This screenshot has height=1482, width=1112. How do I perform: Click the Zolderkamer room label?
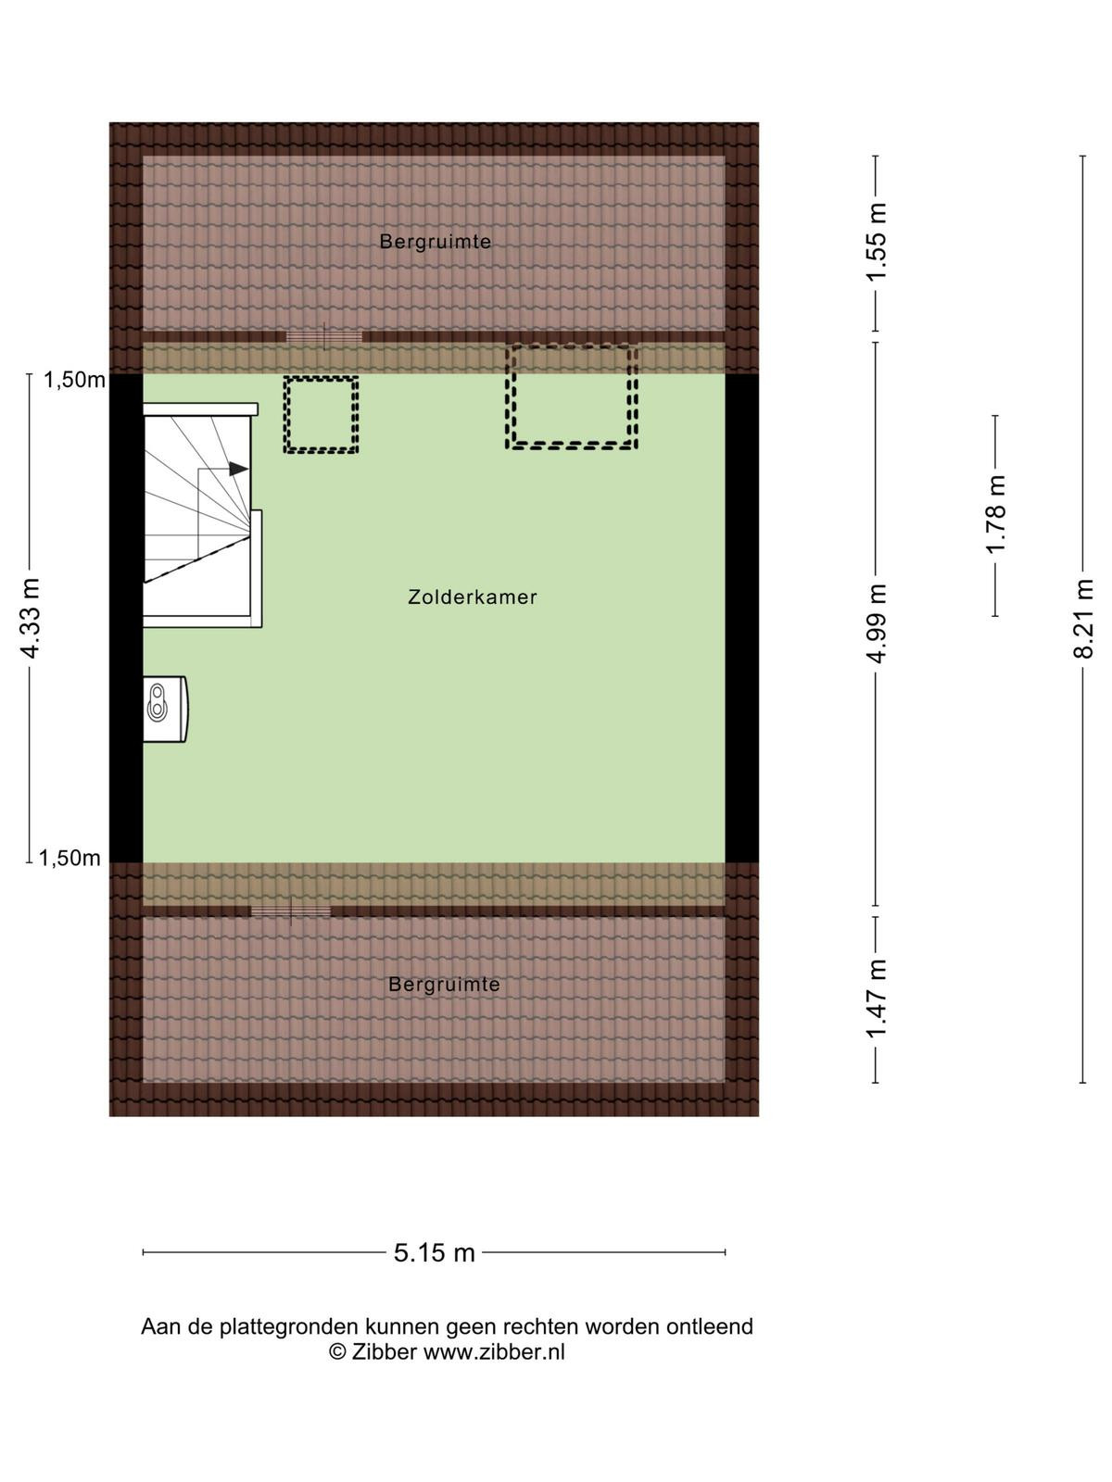pos(472,597)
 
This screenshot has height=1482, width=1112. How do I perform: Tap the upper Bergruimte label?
pos(435,241)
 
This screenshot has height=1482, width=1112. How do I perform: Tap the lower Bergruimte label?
pos(444,985)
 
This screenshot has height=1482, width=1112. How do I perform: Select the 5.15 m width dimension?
pos(434,1252)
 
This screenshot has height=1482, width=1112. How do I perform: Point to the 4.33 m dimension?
pos(31,618)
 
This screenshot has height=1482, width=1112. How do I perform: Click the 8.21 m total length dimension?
pos(1083,619)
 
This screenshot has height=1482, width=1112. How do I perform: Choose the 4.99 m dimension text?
pos(877,623)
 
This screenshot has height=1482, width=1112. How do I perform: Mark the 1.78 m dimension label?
pos(996,514)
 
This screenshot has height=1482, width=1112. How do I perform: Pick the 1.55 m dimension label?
pos(877,243)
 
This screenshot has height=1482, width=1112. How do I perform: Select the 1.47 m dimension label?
pos(877,999)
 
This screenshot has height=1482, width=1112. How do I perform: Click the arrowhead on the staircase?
pos(238,468)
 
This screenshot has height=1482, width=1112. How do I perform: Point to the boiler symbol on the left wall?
pos(165,709)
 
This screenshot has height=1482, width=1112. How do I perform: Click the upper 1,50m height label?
pos(74,381)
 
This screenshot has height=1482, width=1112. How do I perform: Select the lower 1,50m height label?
pos(69,858)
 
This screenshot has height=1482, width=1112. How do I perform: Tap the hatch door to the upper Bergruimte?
pos(324,336)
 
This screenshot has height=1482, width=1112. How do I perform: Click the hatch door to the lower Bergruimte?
pos(290,911)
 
